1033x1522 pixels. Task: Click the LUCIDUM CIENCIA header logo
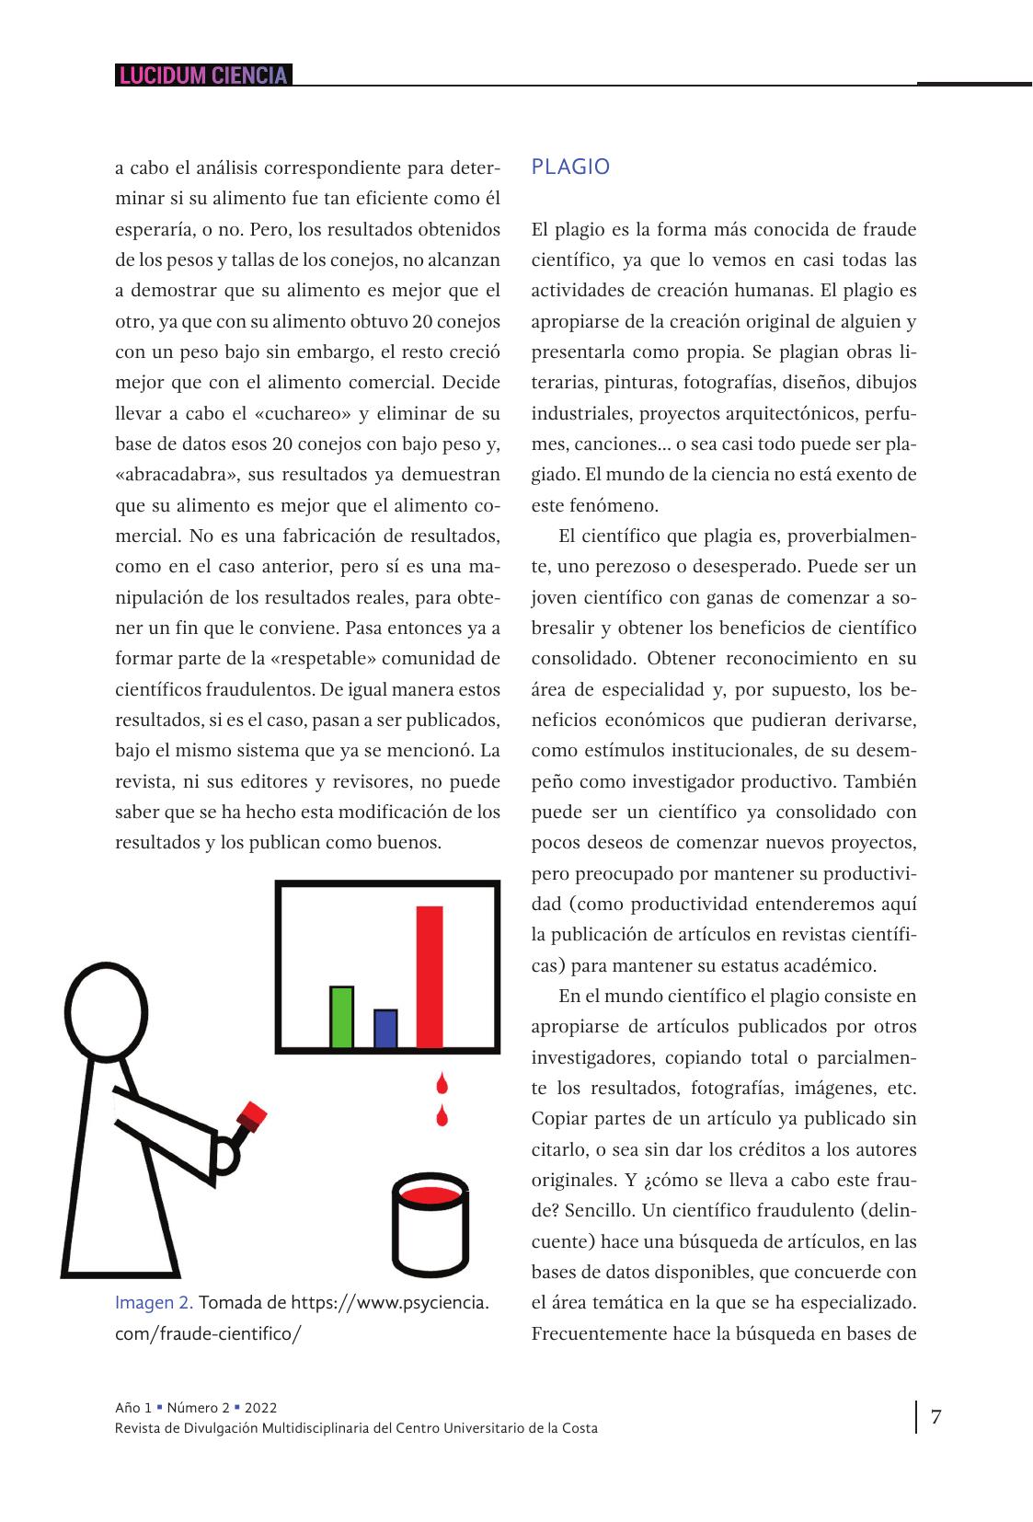click(x=202, y=75)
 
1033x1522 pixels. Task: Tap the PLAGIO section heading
click(x=570, y=167)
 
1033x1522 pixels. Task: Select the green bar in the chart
click(x=341, y=1017)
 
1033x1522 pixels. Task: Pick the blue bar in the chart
click(x=385, y=1029)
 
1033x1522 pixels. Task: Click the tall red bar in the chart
click(x=430, y=976)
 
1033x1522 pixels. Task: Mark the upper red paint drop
click(x=442, y=1083)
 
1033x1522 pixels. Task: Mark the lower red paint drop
click(x=442, y=1115)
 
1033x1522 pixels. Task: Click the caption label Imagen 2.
click(x=154, y=1303)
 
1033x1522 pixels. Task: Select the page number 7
click(x=936, y=1417)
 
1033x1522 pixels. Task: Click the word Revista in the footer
click(x=136, y=1428)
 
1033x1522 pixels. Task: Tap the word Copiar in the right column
click(x=558, y=1119)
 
